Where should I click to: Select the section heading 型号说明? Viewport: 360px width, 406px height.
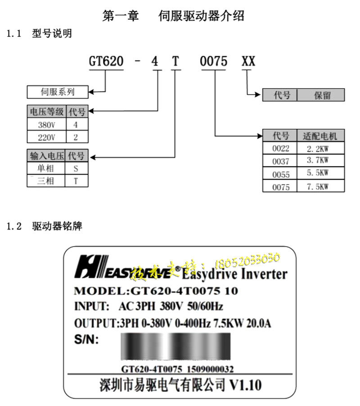[x=52, y=33]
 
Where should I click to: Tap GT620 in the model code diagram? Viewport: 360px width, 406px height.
[x=106, y=62]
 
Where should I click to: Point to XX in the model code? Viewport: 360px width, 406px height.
[x=248, y=62]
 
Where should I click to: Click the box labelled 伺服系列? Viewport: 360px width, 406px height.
[x=58, y=92]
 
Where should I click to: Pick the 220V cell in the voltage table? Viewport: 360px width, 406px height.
[x=46, y=137]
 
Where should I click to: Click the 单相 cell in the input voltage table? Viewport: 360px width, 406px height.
[x=46, y=169]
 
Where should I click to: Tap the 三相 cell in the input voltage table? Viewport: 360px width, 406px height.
[x=46, y=181]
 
